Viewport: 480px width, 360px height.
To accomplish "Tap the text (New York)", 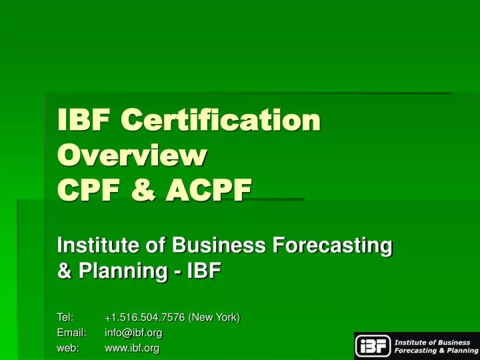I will click(x=215, y=317).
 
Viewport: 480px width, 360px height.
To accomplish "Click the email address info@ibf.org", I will click(x=133, y=332).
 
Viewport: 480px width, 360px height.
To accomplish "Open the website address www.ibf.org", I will click(x=132, y=347).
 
